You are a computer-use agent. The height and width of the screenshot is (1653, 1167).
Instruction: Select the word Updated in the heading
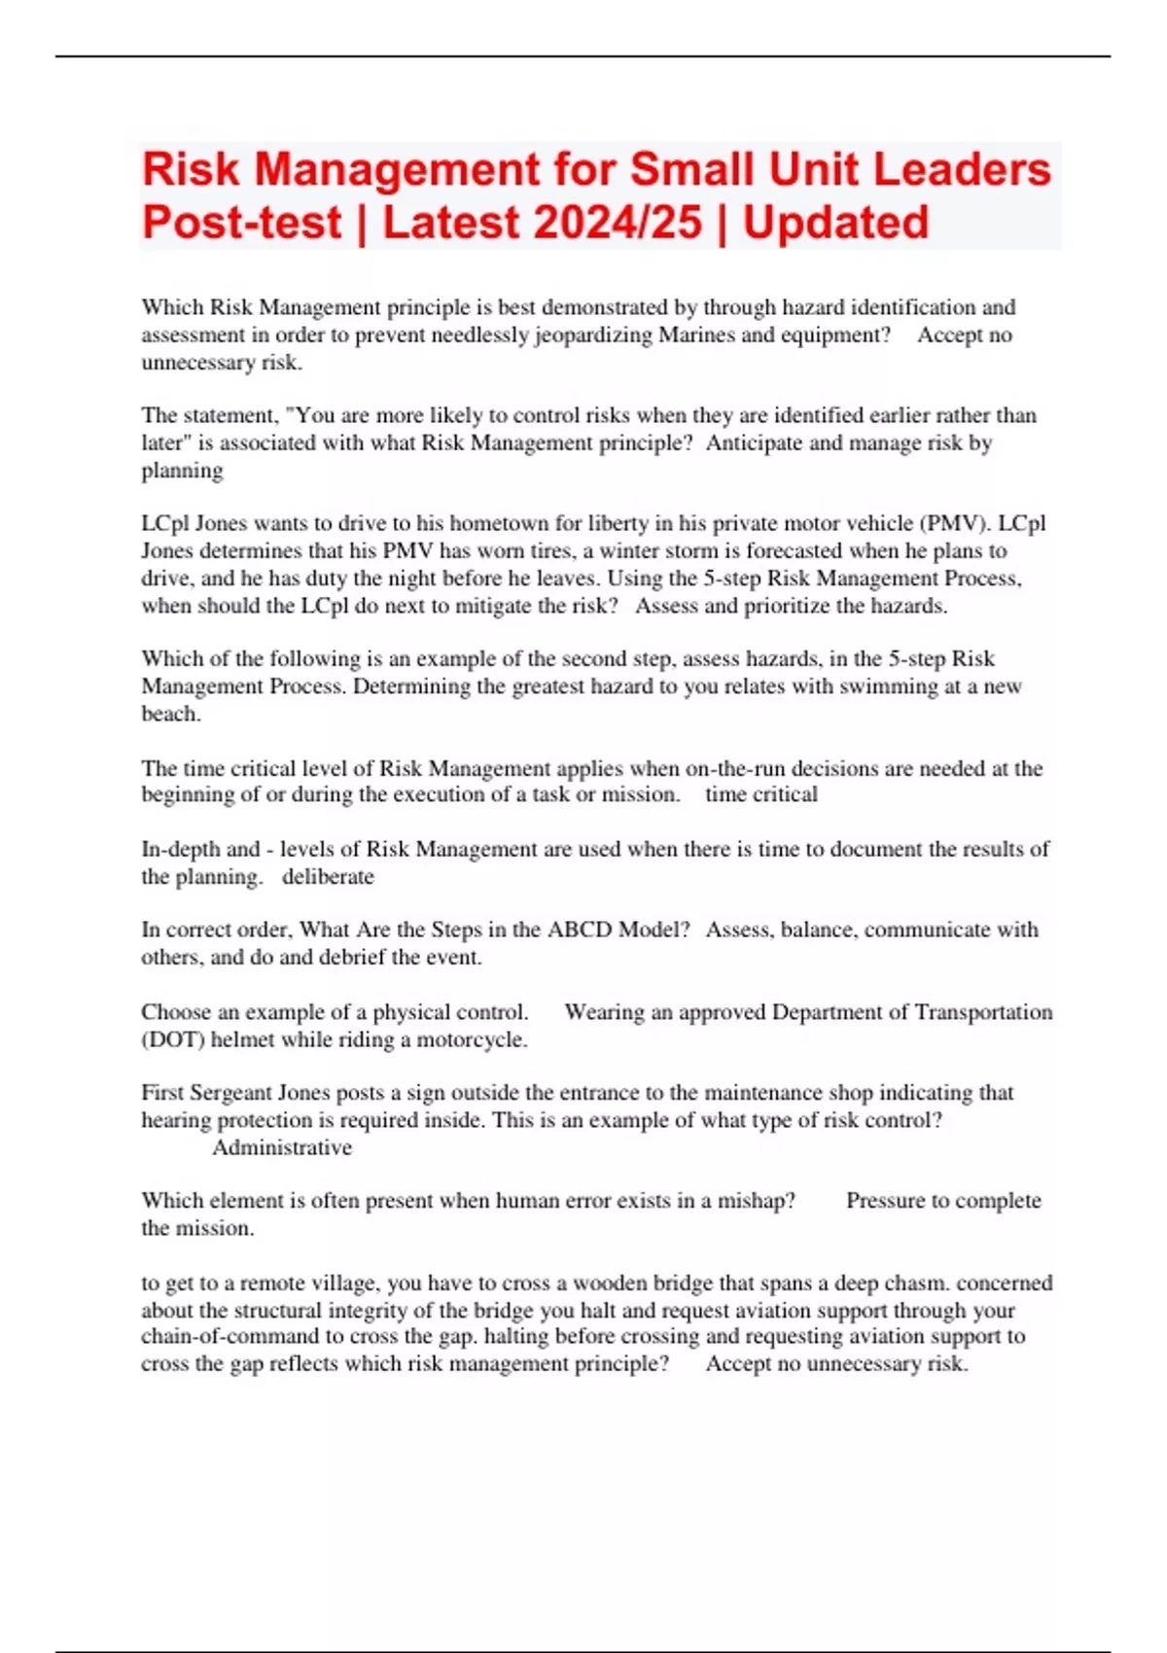click(x=836, y=223)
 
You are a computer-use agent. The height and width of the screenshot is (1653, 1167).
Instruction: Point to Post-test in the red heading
click(x=241, y=223)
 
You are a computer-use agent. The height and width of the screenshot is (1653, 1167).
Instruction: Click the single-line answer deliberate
click(x=328, y=877)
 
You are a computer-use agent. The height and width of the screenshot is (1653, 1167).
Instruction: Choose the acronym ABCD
click(x=581, y=930)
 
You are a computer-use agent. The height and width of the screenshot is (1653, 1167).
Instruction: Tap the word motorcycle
click(x=471, y=1039)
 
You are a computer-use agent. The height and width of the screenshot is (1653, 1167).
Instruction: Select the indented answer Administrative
click(x=282, y=1148)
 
